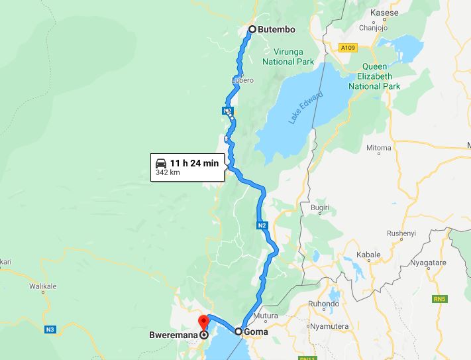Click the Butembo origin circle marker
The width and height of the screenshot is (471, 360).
pyautogui.click(x=252, y=29)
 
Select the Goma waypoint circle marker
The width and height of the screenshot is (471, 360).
pyautogui.click(x=238, y=330)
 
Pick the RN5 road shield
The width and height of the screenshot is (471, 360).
pyautogui.click(x=439, y=300)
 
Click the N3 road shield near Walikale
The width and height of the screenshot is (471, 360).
pyautogui.click(x=50, y=330)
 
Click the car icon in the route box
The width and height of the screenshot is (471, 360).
pyautogui.click(x=160, y=163)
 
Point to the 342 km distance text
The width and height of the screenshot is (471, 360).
pyautogui.click(x=168, y=172)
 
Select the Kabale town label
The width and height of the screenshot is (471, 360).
pyautogui.click(x=368, y=255)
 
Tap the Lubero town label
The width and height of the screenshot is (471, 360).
pyautogui.click(x=243, y=80)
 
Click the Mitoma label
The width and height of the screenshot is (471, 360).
pyautogui.click(x=379, y=147)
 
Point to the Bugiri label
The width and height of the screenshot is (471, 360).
pyautogui.click(x=320, y=208)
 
